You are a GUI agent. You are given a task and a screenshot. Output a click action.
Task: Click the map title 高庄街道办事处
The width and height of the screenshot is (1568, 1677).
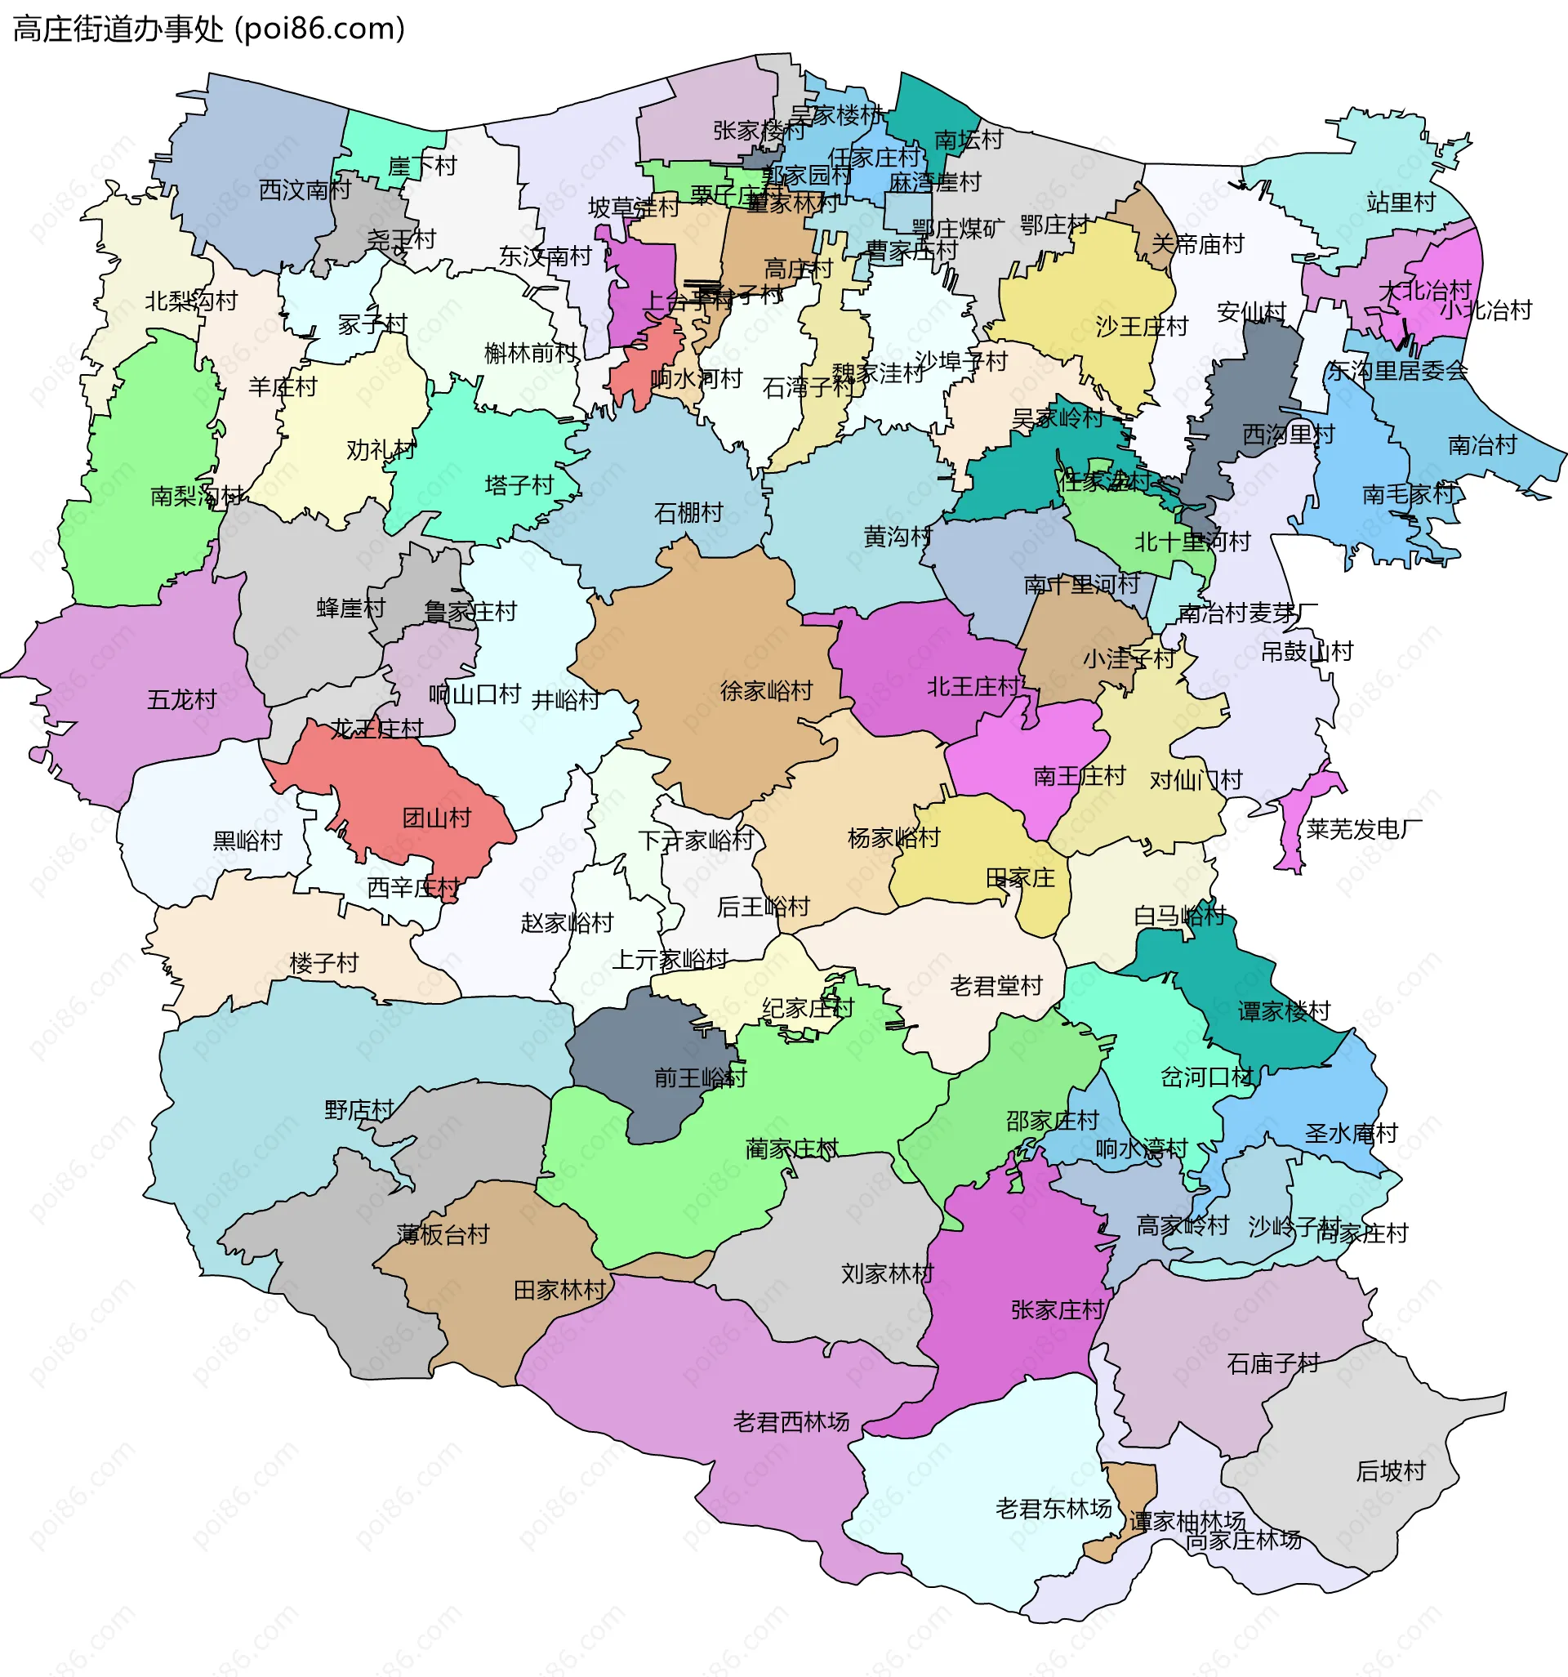point(118,29)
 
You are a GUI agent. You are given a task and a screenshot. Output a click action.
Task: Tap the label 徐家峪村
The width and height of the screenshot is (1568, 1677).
point(766,691)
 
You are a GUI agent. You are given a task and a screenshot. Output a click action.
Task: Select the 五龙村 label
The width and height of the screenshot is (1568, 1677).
point(181,699)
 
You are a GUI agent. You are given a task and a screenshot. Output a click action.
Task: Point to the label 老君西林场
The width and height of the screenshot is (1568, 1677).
point(791,1422)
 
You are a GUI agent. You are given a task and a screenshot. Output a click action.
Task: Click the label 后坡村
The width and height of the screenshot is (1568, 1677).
point(1390,1471)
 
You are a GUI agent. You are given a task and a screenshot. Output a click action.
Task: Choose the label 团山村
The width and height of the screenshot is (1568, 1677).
point(436,818)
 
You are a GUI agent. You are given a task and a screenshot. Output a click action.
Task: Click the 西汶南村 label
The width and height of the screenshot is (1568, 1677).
point(305,190)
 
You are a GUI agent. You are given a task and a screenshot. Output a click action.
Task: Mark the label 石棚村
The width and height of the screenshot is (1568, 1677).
point(688,512)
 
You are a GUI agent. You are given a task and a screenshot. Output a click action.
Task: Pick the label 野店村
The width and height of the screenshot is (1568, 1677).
point(359,1109)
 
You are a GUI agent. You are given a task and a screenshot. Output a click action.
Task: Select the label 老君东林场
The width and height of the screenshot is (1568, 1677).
point(1053,1508)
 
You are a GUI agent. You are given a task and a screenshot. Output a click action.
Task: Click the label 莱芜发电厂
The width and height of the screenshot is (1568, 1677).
point(1364,829)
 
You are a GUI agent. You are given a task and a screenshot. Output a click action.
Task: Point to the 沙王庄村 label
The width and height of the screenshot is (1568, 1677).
point(1141,327)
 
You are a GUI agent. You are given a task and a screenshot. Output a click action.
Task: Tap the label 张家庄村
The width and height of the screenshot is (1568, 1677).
point(1057,1310)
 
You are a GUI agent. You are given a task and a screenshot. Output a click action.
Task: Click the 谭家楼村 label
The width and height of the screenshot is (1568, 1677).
point(1284,1010)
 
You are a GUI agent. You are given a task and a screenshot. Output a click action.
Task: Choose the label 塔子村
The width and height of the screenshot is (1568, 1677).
point(519,485)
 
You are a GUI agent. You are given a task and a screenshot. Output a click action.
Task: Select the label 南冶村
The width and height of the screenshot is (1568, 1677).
point(1482,444)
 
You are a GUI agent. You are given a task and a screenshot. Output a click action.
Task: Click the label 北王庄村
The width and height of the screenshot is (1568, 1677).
point(973,687)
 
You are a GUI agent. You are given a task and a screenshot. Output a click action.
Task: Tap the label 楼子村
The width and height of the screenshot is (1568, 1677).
point(324,962)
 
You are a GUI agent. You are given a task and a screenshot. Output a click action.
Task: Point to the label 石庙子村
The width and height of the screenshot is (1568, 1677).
point(1273,1364)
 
